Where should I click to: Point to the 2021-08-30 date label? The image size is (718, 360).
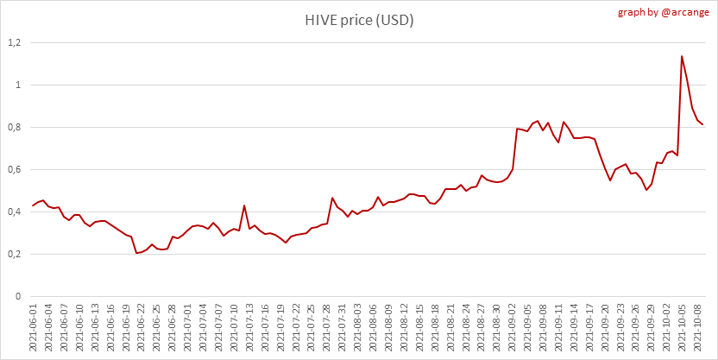click(x=496, y=329)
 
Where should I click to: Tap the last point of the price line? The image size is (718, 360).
click(x=702, y=124)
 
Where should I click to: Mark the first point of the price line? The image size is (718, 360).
click(x=33, y=205)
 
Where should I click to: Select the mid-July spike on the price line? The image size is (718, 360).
click(x=244, y=205)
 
